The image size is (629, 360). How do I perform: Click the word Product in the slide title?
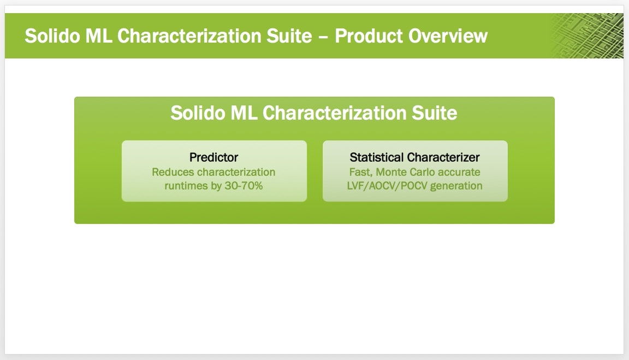368,36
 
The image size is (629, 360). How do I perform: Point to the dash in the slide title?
323,37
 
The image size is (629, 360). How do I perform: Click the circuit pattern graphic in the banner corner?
588,36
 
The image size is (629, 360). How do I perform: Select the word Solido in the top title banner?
52,36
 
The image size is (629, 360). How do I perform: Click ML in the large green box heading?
244,113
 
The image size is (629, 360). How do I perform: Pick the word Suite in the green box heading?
435,113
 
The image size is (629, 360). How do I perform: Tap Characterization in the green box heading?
334,113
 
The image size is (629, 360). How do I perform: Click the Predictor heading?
214,157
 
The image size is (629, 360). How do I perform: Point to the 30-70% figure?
244,186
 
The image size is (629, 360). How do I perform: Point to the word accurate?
459,173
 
